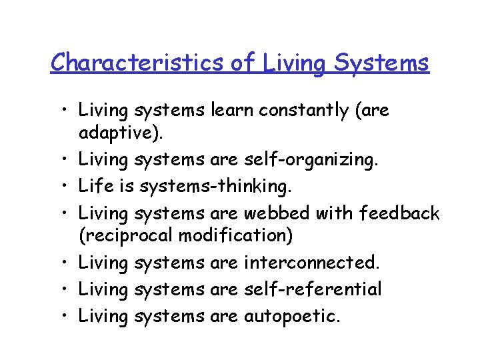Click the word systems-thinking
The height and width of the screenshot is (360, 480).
209,187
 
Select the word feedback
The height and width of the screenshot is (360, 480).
399,213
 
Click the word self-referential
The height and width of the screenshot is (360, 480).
313,289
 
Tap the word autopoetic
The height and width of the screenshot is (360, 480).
291,315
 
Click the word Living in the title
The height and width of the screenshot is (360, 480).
294,64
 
